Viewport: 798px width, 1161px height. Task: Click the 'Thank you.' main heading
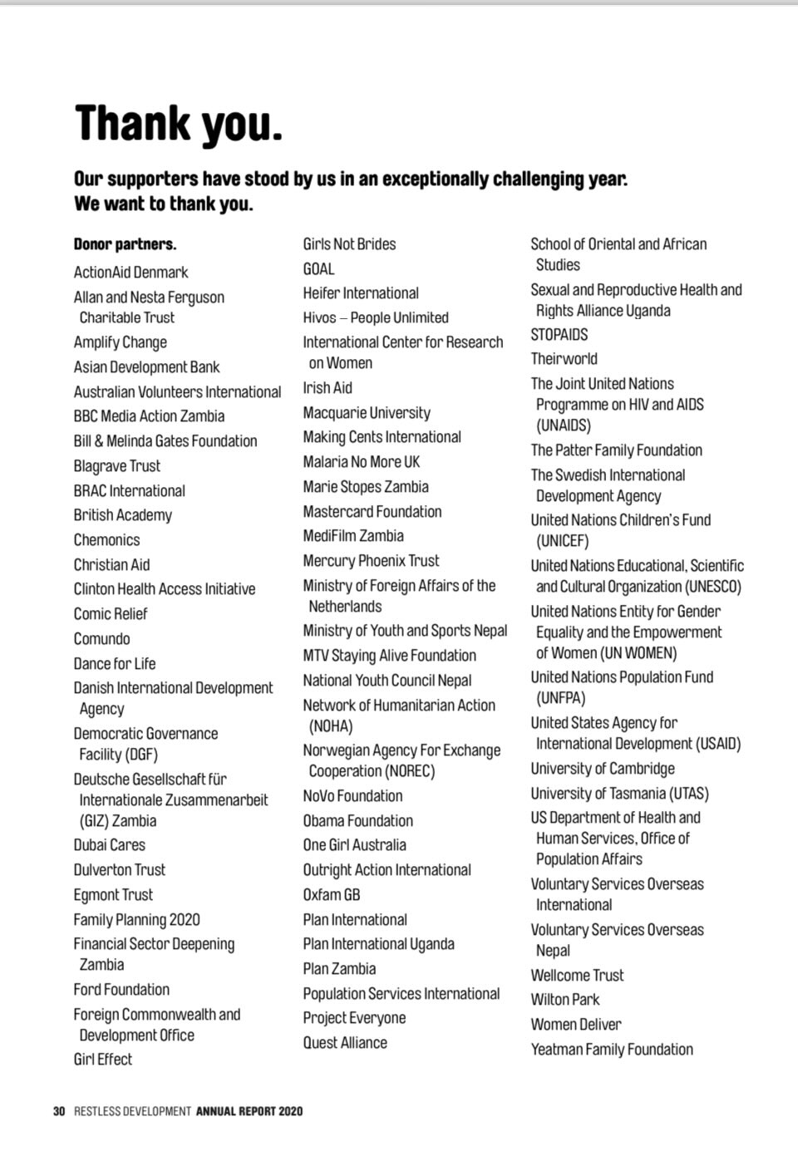tap(179, 124)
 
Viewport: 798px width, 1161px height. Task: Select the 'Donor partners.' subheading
tap(125, 244)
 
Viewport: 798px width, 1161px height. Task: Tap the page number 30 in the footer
tap(58, 1111)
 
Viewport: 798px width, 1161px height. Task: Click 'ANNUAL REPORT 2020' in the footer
tap(249, 1111)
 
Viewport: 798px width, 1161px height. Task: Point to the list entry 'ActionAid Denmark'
tap(131, 273)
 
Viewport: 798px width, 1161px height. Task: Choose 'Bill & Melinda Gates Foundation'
tap(165, 441)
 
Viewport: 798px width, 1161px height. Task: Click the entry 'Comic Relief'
tap(111, 614)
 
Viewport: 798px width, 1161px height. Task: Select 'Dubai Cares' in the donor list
tap(109, 845)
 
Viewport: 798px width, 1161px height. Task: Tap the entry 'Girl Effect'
tap(103, 1060)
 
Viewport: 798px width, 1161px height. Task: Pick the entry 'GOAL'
tap(318, 269)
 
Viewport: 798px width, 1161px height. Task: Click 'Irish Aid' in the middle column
tap(328, 388)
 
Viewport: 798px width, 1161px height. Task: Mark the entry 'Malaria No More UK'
tap(362, 462)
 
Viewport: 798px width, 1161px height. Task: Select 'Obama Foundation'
tap(357, 821)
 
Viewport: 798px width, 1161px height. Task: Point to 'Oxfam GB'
tap(332, 895)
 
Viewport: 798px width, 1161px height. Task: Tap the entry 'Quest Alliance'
tap(345, 1043)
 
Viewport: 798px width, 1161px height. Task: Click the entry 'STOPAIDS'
tap(559, 335)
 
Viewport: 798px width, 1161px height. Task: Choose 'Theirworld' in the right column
tap(564, 359)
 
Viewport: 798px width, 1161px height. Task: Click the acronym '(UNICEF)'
tap(562, 541)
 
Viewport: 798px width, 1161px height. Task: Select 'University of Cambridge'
tap(603, 769)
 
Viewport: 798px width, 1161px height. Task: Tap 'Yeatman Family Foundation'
tap(612, 1050)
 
